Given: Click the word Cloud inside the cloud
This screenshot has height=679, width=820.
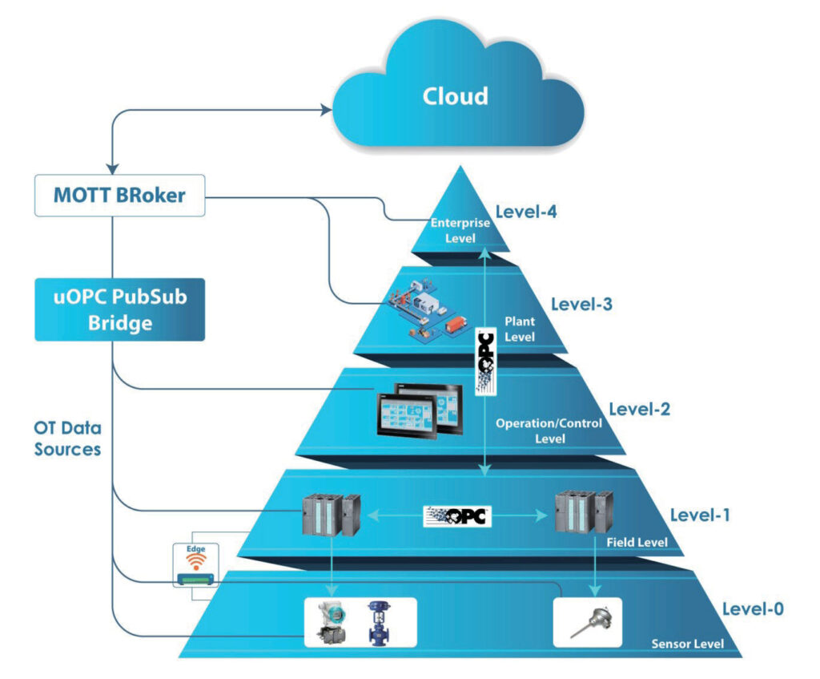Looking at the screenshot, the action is (455, 96).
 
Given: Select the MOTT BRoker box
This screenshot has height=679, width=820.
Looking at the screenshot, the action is (120, 196).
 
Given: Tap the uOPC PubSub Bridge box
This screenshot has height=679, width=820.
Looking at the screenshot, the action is (120, 309).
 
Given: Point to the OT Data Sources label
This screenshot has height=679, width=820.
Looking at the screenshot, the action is (67, 439).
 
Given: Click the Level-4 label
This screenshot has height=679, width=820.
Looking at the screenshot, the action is (526, 212).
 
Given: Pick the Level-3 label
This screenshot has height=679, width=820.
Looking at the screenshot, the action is (581, 304).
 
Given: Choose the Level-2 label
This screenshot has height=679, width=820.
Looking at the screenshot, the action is (640, 409).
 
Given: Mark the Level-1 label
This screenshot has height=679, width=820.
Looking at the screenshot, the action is (700, 515).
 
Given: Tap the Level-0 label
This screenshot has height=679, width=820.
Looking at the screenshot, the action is (753, 608).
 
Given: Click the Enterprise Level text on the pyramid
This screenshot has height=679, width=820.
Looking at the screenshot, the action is (460, 230).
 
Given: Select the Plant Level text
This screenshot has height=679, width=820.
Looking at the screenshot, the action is (520, 329).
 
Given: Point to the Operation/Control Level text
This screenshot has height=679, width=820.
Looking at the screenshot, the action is (549, 430).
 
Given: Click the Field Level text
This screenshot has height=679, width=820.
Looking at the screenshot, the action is (637, 543).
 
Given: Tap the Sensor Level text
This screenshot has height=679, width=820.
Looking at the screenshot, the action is (688, 644).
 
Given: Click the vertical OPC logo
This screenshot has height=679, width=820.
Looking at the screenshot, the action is (485, 361).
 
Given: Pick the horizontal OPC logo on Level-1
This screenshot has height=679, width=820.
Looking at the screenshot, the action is (457, 516).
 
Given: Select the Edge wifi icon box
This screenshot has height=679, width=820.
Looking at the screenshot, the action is (196, 565).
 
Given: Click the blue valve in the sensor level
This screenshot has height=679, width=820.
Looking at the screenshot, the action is (379, 623).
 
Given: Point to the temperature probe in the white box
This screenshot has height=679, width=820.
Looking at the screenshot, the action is (592, 622).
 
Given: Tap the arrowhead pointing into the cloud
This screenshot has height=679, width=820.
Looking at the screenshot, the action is (327, 109).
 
